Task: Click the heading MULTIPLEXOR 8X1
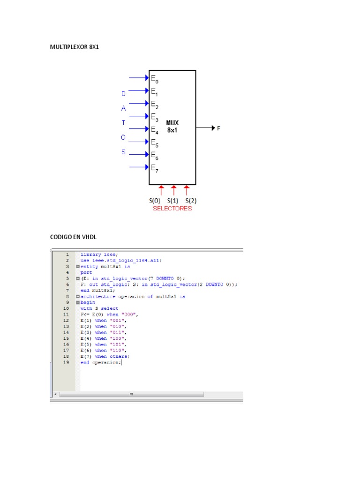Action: pyautogui.click(x=75, y=47)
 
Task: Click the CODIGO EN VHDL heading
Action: pyautogui.click(x=73, y=237)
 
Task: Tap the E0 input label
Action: pyautogui.click(x=154, y=79)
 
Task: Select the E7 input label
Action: pyautogui.click(x=154, y=167)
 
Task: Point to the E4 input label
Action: pyautogui.click(x=154, y=129)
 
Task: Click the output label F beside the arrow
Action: pyautogui.click(x=218, y=128)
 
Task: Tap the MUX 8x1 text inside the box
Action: pyautogui.click(x=172, y=127)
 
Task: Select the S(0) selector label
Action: pyautogui.click(x=155, y=200)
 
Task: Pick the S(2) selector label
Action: pyautogui.click(x=187, y=200)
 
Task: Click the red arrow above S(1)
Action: pyautogui.click(x=174, y=190)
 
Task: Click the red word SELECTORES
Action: pyautogui.click(x=172, y=209)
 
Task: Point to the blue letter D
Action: pyautogui.click(x=124, y=94)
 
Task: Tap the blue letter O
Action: pyautogui.click(x=124, y=137)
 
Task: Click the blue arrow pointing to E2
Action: pyautogui.click(x=139, y=104)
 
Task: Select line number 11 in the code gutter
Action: pyautogui.click(x=66, y=315)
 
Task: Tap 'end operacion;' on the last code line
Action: pyautogui.click(x=101, y=362)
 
